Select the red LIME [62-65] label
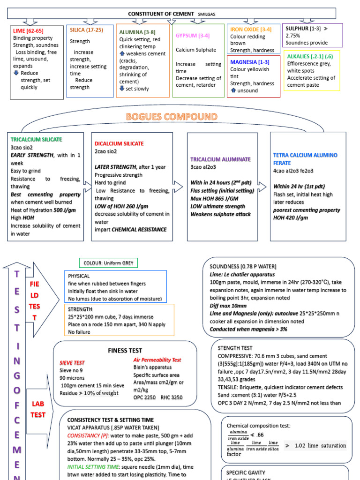click(x=29, y=30)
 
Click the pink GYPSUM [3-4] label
click(x=193, y=36)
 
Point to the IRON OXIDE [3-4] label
click(x=251, y=29)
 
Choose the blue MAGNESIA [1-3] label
click(x=250, y=62)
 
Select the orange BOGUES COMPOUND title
click(x=172, y=116)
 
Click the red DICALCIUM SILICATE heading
click(x=119, y=143)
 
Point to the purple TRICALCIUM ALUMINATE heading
click(x=221, y=159)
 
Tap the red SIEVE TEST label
click(x=72, y=363)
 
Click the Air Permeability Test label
click(x=157, y=360)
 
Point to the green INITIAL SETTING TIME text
click(x=94, y=467)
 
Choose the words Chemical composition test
click(x=258, y=426)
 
